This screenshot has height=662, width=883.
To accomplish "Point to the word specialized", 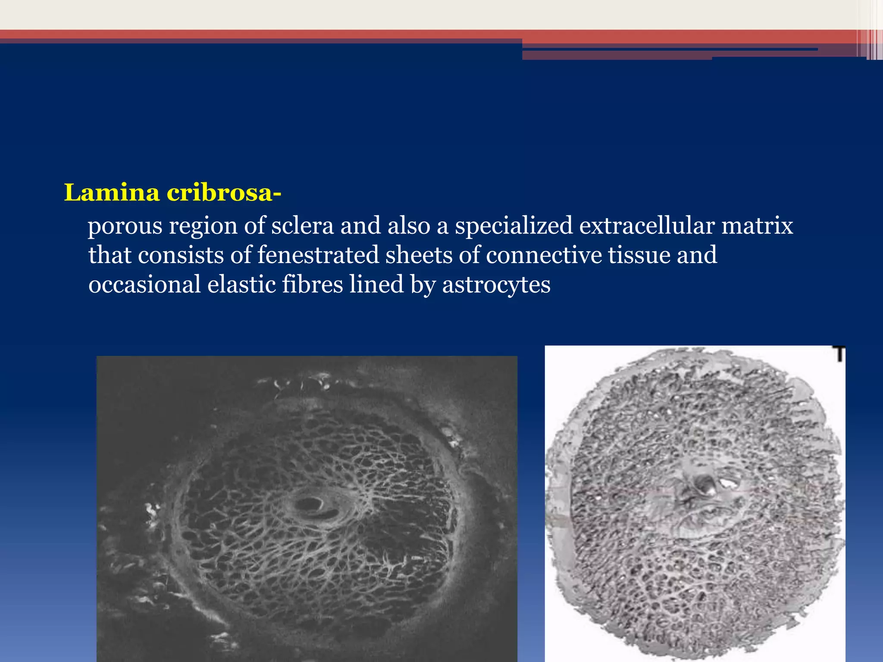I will (514, 226).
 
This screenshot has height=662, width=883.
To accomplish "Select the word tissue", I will (639, 255).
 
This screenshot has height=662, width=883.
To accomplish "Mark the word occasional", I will (144, 284).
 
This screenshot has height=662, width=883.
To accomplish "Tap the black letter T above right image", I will (839, 354).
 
